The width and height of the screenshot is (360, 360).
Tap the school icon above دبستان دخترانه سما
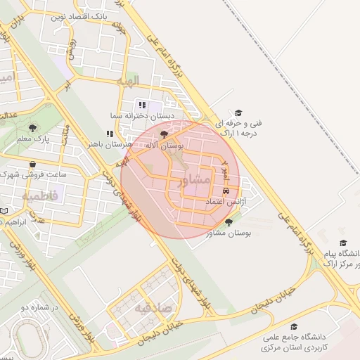tap(143, 105)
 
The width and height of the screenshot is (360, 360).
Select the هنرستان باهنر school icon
tap(110, 133)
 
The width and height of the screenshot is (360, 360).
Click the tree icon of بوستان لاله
tap(165, 134)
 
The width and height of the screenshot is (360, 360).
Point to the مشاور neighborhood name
tap(195, 181)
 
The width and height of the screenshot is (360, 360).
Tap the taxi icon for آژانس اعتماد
tap(226, 191)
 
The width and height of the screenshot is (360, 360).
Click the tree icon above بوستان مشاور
tap(229, 222)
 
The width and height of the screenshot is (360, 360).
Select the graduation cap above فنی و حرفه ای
tap(238, 112)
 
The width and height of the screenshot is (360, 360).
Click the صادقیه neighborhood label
tap(153, 307)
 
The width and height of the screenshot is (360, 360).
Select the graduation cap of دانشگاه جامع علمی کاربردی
tap(294, 327)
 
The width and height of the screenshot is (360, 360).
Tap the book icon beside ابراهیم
tap(5, 210)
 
